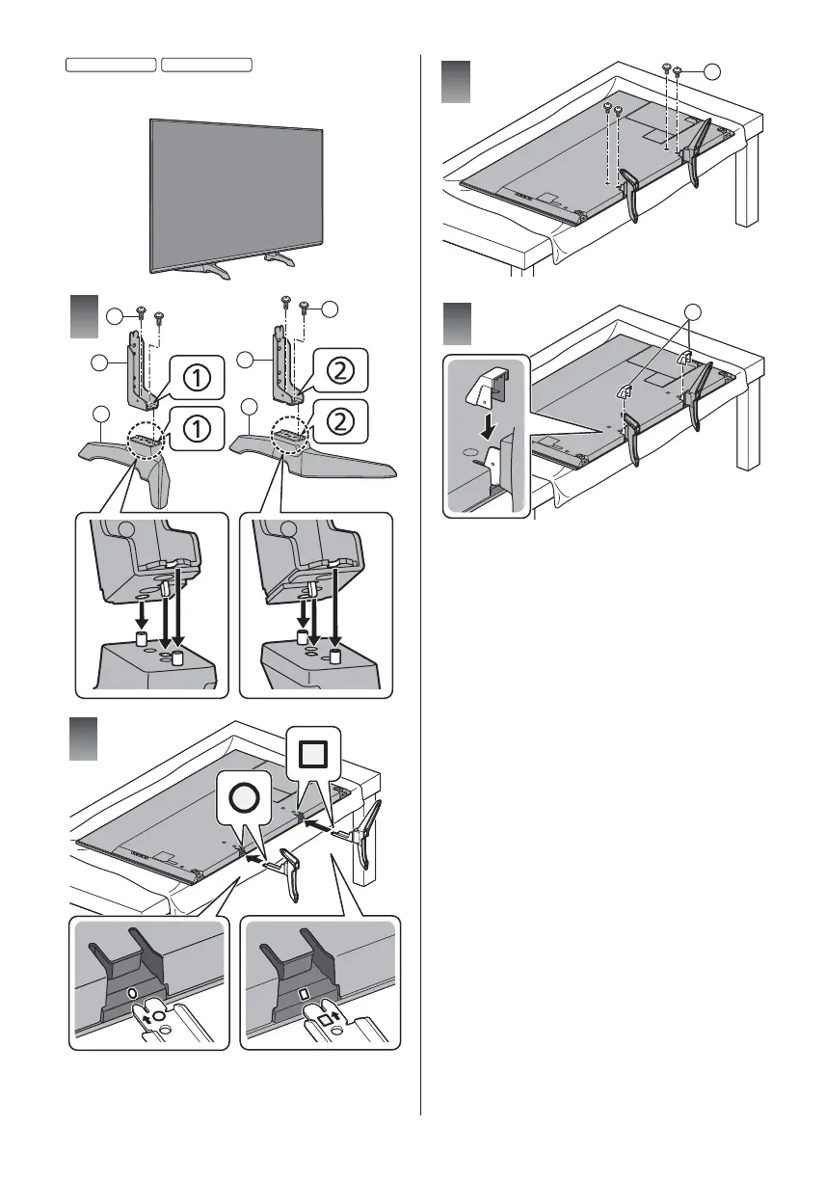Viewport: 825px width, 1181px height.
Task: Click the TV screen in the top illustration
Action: click(x=236, y=188)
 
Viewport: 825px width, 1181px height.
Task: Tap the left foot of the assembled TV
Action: click(x=213, y=268)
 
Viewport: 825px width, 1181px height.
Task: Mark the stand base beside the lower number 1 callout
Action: click(x=125, y=453)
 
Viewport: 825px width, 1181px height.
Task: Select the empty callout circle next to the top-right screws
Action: click(x=711, y=70)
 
